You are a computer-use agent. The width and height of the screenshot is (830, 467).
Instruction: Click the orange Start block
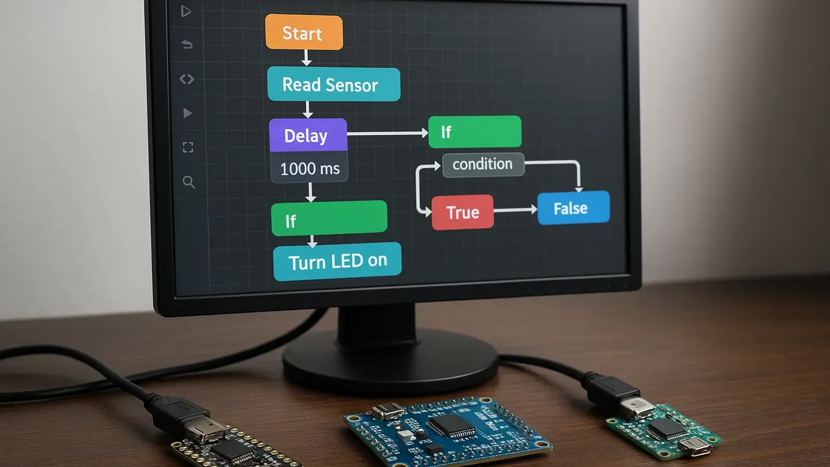(304, 33)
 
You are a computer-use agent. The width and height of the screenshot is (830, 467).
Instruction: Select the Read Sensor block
(334, 85)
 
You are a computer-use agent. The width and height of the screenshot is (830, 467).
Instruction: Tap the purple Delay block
(308, 135)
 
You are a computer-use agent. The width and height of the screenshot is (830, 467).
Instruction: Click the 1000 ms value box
(310, 169)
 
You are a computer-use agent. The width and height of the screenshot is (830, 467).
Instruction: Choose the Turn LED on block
(337, 261)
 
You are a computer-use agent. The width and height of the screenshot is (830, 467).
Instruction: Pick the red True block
(462, 212)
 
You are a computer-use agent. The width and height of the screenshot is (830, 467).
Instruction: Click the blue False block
(573, 208)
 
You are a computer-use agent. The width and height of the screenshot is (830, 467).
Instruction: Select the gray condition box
(483, 164)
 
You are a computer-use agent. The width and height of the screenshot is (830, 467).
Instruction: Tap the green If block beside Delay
(475, 132)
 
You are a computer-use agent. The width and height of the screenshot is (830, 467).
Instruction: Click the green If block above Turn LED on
(329, 218)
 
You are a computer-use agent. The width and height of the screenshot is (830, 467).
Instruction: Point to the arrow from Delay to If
(387, 133)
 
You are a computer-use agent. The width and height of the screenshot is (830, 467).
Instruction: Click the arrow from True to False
(515, 210)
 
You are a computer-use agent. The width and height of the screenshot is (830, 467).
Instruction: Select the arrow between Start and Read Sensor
(307, 58)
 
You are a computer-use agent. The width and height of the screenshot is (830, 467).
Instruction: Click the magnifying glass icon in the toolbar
(189, 182)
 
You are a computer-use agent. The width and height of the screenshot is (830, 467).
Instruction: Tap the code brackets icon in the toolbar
(187, 79)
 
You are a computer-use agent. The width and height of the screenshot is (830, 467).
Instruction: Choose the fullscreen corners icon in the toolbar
(188, 147)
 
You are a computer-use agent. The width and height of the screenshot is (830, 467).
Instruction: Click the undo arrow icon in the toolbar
(187, 45)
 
